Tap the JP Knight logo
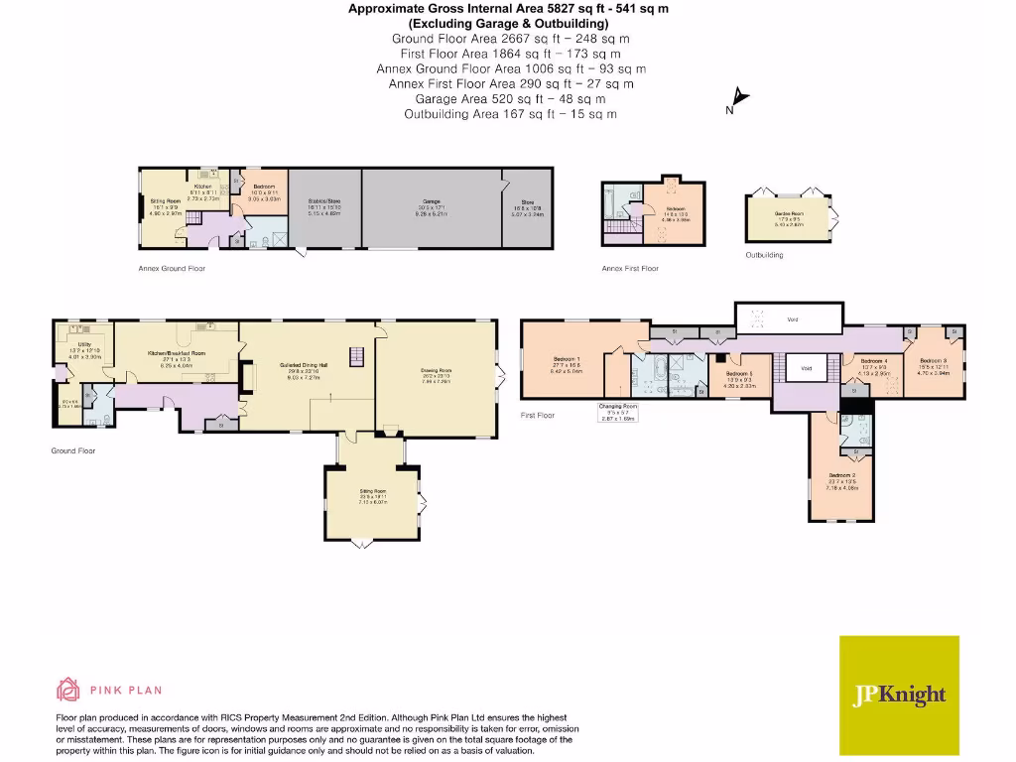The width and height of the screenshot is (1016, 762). click(900, 696)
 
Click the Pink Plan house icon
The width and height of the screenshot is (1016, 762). click(68, 690)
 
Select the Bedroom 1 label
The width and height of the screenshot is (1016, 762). click(568, 359)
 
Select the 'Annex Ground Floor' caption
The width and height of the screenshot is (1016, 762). click(172, 268)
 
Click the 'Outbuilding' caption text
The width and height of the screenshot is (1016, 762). click(764, 255)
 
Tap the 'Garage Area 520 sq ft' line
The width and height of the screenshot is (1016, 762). click(510, 99)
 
